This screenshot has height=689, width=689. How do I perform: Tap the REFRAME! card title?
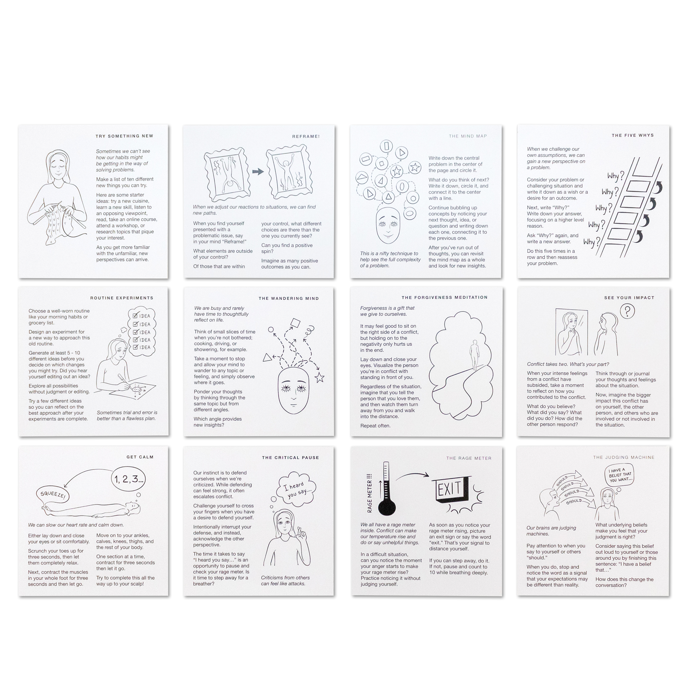click(x=306, y=136)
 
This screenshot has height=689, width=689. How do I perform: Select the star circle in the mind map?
click(x=414, y=167)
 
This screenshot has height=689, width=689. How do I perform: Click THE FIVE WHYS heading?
click(x=633, y=135)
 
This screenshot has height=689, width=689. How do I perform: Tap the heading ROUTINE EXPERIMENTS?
click(x=122, y=298)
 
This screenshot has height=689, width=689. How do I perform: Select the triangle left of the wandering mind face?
click(x=267, y=358)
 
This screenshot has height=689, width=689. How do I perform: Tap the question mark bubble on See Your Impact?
click(x=627, y=311)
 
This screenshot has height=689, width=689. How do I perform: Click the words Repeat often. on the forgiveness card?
click(x=375, y=426)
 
